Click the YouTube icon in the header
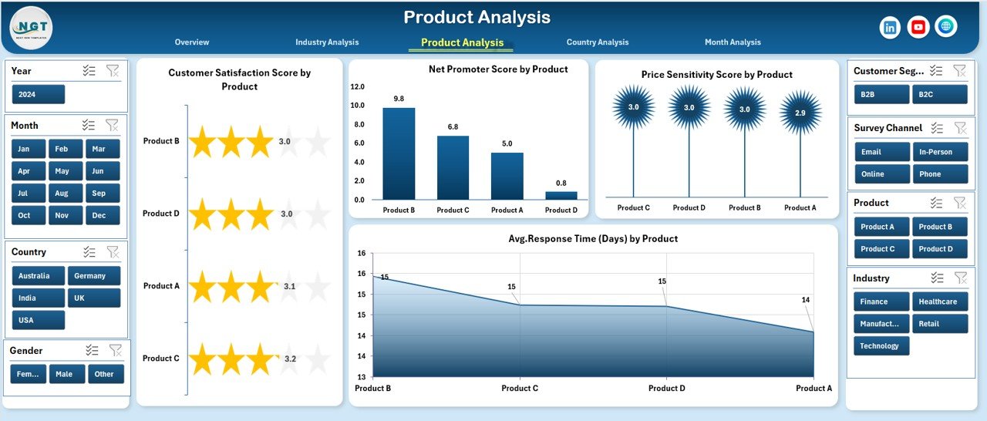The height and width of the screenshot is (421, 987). tap(918, 27)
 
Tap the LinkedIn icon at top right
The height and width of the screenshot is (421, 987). tap(891, 27)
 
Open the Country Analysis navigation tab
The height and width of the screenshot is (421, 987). tap(597, 42)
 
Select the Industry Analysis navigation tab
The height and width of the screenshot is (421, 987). tap(327, 42)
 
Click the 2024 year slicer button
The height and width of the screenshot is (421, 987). tap(39, 94)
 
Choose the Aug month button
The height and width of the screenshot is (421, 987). tap(62, 193)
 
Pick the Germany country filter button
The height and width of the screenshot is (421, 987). tap(93, 276)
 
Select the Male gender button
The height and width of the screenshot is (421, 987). tap(67, 374)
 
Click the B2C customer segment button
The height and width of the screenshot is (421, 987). tap(939, 94)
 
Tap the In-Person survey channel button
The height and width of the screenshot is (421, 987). tap(939, 152)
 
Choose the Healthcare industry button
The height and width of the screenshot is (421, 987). tap(939, 301)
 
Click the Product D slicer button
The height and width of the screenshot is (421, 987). tap(939, 249)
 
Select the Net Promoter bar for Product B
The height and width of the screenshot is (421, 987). tap(399, 153)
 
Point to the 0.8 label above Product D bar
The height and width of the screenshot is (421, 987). tap(561, 184)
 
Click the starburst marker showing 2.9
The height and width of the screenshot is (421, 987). tap(800, 113)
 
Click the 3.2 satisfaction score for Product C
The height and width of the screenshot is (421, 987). tap(290, 359)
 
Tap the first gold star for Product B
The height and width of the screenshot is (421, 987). tap(203, 142)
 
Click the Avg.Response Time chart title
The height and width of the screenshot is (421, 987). tap(593, 239)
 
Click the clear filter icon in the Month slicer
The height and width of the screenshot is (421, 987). tap(112, 125)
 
